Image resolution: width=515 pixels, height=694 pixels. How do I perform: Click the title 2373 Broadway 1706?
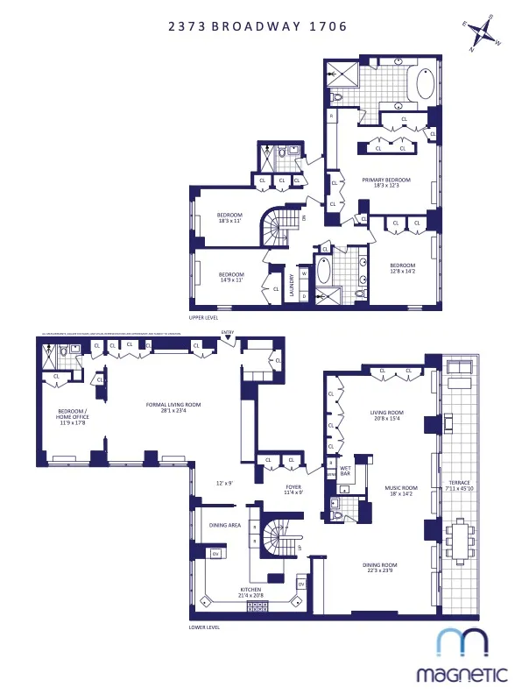[x=257, y=26]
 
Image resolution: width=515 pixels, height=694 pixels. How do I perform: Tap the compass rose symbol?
[x=481, y=36]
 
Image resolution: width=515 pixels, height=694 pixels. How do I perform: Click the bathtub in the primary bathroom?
[x=424, y=87]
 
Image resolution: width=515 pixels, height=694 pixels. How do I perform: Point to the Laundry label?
[x=293, y=287]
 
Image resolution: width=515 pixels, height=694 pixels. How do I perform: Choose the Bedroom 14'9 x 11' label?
[x=231, y=278]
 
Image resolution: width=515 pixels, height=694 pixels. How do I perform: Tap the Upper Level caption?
[x=203, y=316]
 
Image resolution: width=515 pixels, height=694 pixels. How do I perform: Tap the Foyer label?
[x=293, y=489]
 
